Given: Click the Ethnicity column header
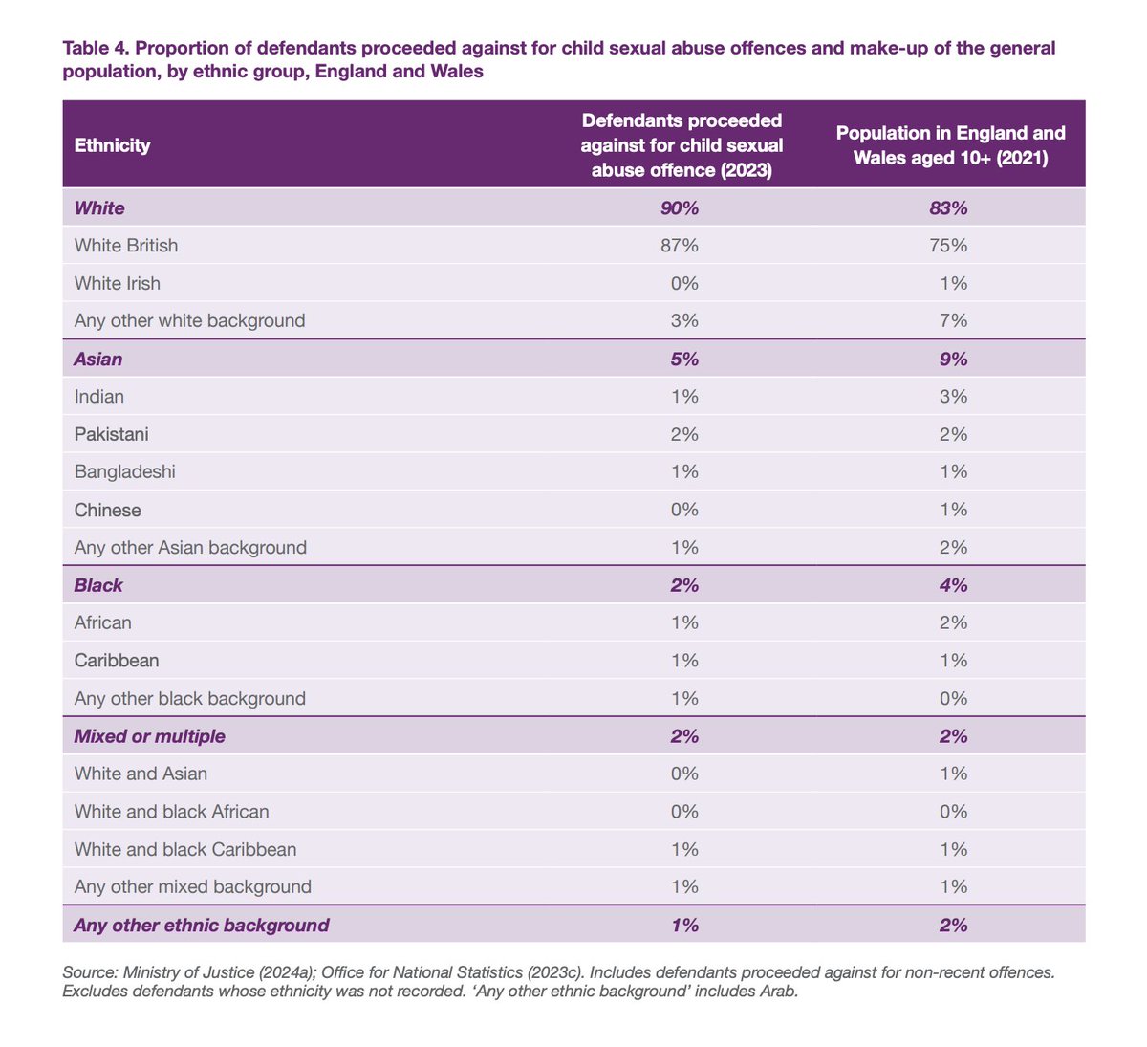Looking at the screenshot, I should (112, 145).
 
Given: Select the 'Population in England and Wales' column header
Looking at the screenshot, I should (950, 145).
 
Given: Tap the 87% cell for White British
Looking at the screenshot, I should (680, 246).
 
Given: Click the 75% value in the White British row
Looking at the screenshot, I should (949, 246).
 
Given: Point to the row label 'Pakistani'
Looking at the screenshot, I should (111, 434).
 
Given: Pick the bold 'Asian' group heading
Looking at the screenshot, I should (98, 360).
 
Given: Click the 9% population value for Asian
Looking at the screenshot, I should (953, 360).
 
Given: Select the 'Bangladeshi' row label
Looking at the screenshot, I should (124, 471).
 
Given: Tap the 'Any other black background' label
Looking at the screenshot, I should (189, 699).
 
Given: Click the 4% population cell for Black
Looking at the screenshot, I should (953, 585).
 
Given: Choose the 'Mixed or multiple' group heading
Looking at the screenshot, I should (149, 736).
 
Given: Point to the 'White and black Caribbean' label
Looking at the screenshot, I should (184, 849).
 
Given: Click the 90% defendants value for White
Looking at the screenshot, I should (680, 208).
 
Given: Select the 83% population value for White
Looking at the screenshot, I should (949, 208).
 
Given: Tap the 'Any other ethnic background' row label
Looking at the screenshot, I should (201, 925).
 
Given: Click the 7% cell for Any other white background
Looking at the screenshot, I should (953, 321).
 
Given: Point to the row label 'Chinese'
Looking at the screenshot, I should (107, 510).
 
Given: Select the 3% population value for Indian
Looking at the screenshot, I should (953, 397).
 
